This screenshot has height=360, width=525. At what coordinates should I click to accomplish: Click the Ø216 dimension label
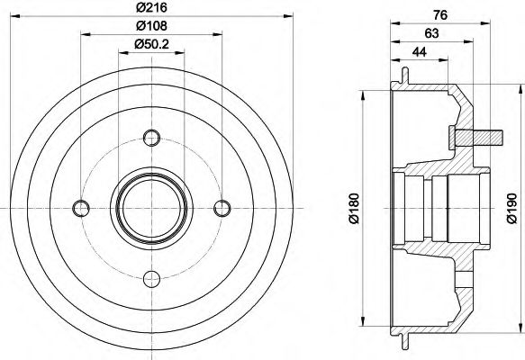pos(150,8)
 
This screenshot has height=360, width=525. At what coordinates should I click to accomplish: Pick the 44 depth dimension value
pos(420,52)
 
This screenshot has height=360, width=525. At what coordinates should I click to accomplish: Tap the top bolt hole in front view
pos(150,139)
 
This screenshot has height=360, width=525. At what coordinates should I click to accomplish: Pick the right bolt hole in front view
pos(221,209)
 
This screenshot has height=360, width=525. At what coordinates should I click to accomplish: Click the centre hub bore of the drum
pos(150,209)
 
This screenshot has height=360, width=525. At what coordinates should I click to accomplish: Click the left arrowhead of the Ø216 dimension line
pos(22,16)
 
